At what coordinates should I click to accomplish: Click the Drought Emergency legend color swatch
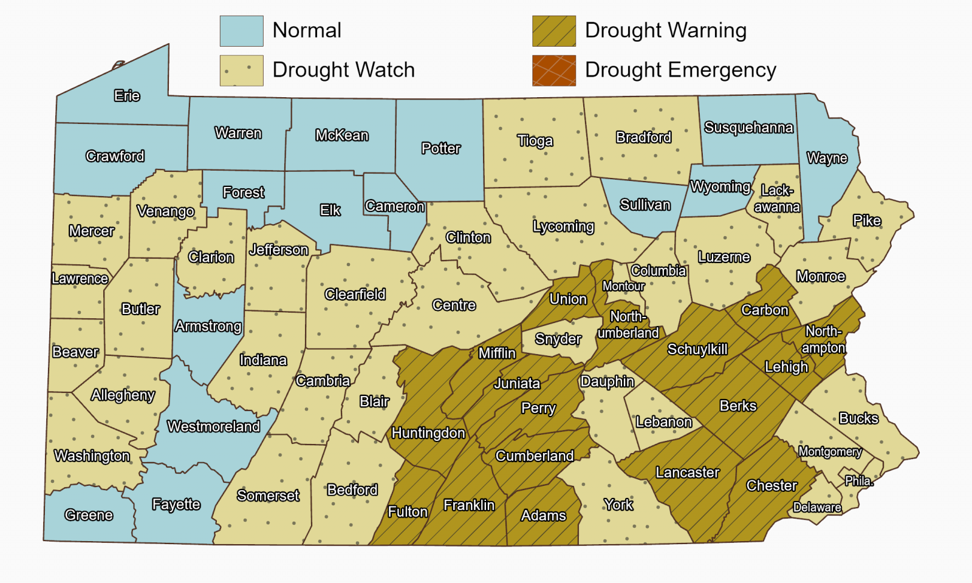(553, 70)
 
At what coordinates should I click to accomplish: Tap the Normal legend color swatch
(241, 31)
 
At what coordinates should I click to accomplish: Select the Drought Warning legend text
(665, 30)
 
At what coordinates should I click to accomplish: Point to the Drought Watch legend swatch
(241, 70)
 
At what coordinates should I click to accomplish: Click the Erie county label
(127, 96)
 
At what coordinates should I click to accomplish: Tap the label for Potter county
(441, 148)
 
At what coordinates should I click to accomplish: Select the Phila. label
(859, 481)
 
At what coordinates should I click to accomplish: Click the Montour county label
(623, 286)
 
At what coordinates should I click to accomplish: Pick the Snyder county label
(558, 339)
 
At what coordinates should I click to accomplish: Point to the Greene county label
(89, 515)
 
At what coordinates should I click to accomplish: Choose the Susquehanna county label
(748, 128)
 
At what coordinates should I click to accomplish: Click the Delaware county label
(817, 507)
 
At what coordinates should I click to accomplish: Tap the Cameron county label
(395, 206)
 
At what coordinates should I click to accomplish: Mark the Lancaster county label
(687, 472)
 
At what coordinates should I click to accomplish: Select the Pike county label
(867, 220)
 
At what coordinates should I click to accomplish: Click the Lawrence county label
(80, 279)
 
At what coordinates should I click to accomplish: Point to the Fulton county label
(408, 512)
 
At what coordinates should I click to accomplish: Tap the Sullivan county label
(645, 205)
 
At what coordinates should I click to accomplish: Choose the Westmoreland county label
(214, 426)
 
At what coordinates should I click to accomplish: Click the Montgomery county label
(830, 451)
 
